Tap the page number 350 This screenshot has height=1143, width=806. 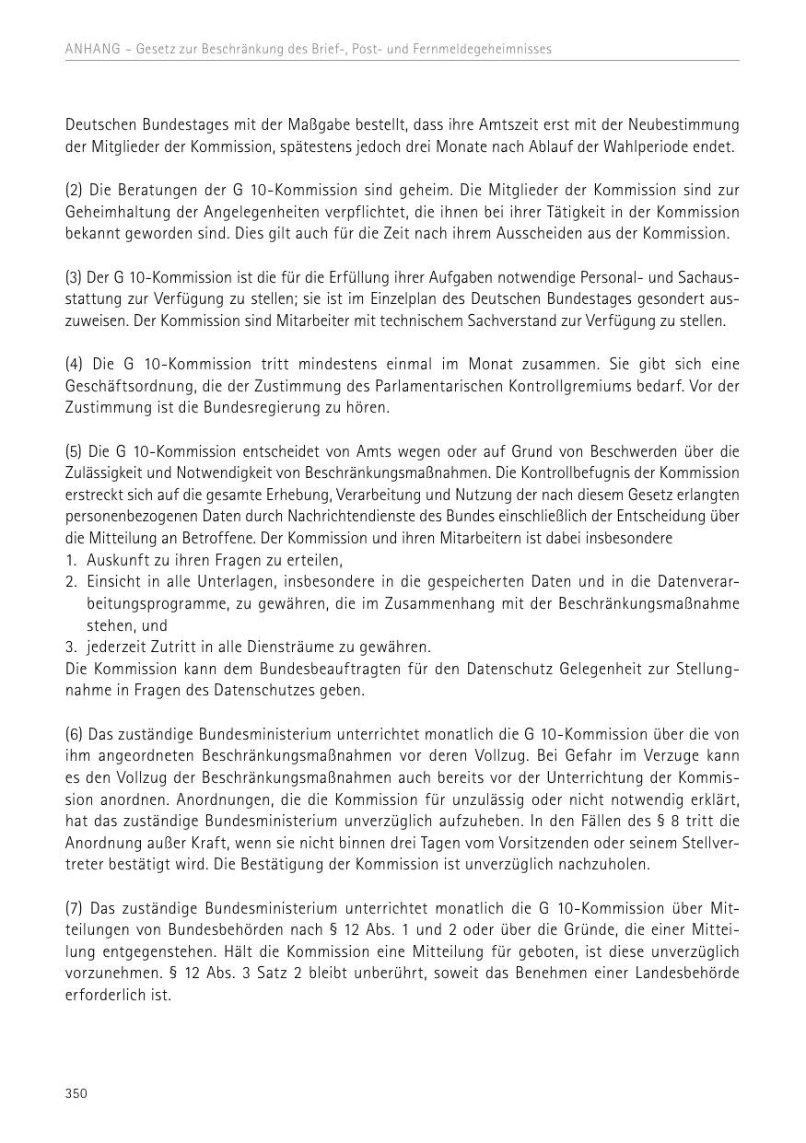point(76,1093)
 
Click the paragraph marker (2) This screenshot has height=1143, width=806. point(74,191)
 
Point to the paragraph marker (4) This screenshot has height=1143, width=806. point(74,365)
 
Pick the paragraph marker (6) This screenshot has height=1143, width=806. point(74,734)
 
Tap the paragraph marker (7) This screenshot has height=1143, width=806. point(74,908)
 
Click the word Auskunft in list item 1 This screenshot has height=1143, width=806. point(115,560)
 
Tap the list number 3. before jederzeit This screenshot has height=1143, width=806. point(70,647)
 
